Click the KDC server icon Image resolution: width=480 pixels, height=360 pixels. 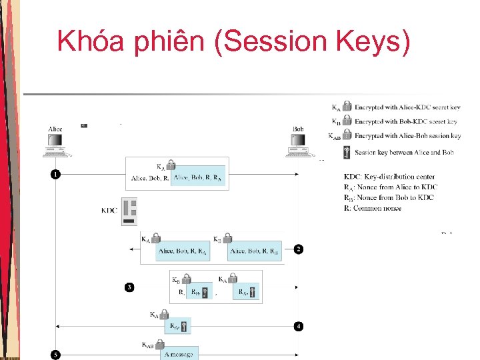coord(129,211)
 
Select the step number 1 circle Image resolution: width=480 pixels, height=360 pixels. coord(55,175)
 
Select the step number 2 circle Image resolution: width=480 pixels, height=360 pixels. coord(298,249)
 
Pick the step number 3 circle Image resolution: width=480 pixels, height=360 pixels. coord(129,287)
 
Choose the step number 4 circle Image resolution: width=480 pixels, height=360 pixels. coord(298,326)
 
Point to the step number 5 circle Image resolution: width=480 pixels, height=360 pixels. coord(55,353)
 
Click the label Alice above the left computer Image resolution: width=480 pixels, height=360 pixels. coord(56,129)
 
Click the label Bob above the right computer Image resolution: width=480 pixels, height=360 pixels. coord(299,129)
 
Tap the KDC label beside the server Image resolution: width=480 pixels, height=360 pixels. coord(109,211)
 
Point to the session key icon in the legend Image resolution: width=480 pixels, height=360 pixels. coord(347,153)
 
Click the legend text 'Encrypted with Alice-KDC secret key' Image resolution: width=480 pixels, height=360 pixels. coord(407,107)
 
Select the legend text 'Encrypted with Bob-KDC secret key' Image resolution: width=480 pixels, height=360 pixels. coord(405,122)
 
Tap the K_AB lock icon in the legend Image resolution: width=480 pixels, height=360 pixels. coord(347,136)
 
